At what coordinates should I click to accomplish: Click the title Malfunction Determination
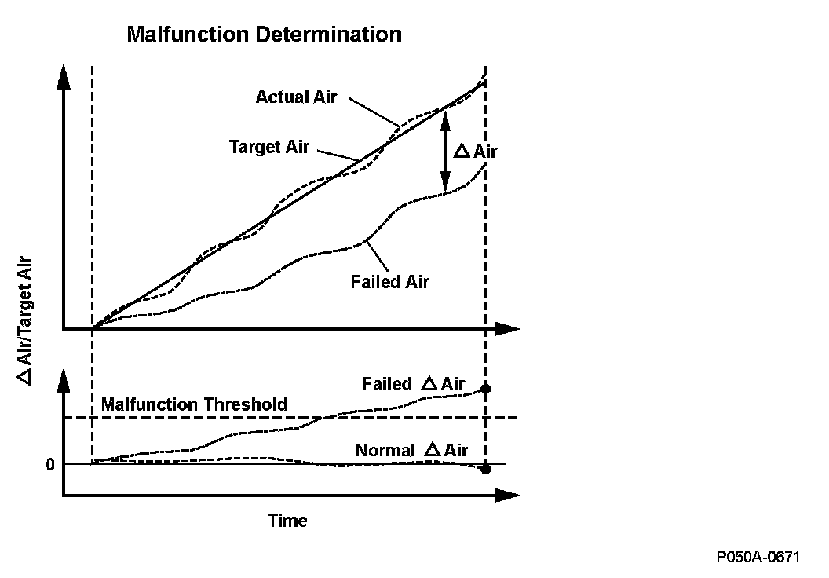[264, 35]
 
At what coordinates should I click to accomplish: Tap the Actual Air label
[296, 97]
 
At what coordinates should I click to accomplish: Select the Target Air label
[269, 147]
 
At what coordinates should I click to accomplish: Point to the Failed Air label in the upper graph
[390, 282]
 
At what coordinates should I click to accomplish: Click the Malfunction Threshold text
[195, 405]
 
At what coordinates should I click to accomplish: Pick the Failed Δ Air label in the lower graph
[413, 384]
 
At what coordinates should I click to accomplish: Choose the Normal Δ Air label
[411, 451]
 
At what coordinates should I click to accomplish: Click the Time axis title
[287, 521]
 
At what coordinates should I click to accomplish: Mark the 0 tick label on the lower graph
[49, 464]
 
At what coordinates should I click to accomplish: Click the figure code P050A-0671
[758, 558]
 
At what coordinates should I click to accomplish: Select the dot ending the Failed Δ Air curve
[486, 389]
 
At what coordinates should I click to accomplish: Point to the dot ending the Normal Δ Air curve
[486, 469]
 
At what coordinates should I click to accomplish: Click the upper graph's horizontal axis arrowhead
[509, 329]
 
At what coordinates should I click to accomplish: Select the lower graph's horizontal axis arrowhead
[509, 496]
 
